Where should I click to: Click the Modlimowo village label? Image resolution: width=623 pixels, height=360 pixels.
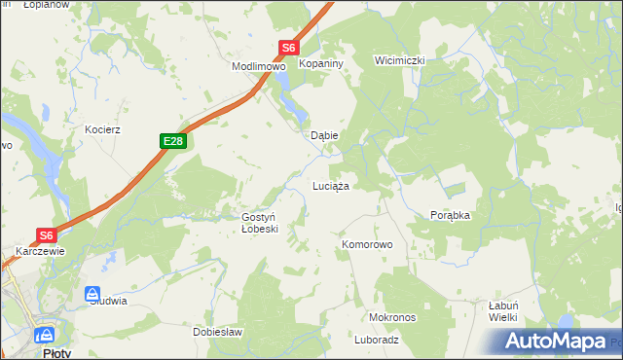point(257,67)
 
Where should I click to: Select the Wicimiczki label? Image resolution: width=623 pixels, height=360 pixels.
point(400,60)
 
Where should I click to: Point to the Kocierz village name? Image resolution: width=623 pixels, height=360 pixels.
point(102,129)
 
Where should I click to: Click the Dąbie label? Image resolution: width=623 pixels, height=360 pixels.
point(323,136)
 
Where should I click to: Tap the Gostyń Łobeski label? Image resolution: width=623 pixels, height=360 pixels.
point(260,223)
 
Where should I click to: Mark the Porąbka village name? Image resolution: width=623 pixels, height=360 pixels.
point(450,216)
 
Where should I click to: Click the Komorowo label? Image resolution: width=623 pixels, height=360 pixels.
point(367,245)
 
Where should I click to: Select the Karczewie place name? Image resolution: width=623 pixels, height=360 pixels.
point(39,251)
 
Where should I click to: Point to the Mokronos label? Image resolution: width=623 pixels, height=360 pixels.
point(392,318)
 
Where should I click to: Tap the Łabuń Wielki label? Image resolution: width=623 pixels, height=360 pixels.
point(502,310)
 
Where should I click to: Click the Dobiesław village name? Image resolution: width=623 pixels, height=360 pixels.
point(217,332)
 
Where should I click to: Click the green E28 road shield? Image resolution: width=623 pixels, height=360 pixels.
point(172,142)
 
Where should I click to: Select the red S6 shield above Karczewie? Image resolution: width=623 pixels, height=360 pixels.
point(47,234)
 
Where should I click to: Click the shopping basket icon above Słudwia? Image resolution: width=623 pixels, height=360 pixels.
point(92,293)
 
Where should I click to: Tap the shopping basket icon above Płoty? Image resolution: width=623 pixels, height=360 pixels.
point(44,336)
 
